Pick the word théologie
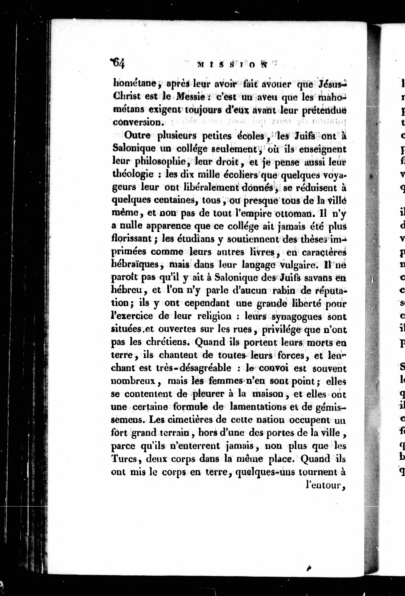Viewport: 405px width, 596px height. pyautogui.click(x=133, y=174)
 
